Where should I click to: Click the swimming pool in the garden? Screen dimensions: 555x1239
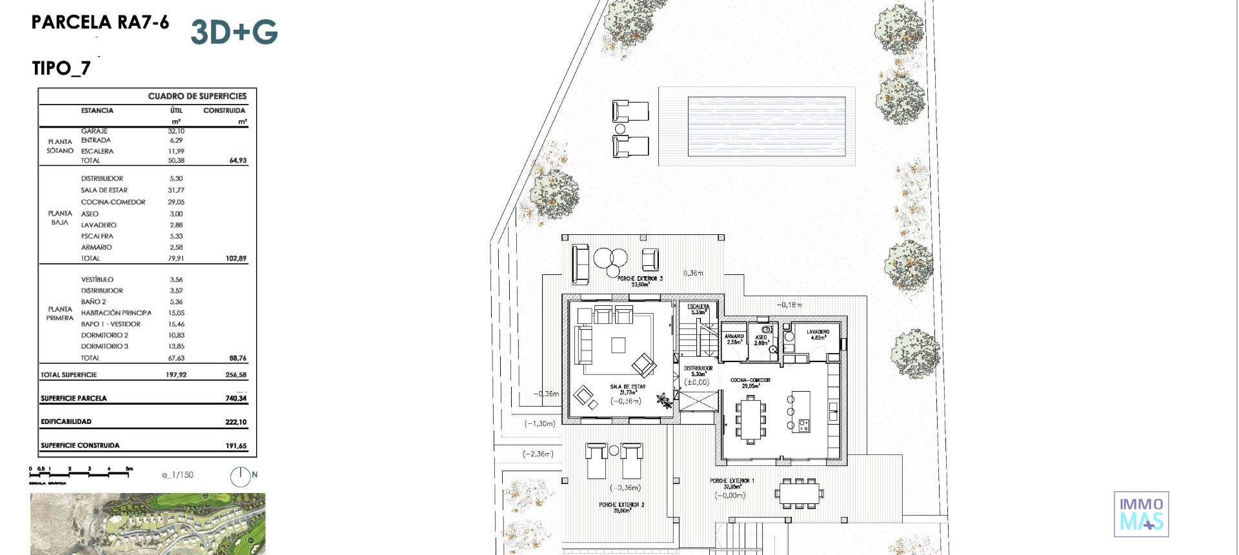click(x=767, y=126)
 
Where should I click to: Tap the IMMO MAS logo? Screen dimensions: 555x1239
click(x=1141, y=514)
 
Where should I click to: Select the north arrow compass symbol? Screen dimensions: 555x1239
click(x=240, y=476)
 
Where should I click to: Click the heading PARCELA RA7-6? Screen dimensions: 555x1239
click(x=100, y=23)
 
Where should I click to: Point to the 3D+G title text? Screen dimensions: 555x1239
click(x=234, y=32)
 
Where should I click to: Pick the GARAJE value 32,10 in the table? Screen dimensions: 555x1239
click(x=176, y=131)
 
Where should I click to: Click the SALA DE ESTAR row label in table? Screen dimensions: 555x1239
click(x=104, y=190)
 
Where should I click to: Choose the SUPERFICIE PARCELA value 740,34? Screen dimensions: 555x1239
click(x=236, y=398)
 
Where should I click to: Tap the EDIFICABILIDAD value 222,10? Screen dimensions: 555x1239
click(x=236, y=422)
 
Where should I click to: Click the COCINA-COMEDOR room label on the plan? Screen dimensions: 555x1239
click(x=750, y=381)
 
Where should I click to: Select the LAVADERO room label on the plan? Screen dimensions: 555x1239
click(x=818, y=332)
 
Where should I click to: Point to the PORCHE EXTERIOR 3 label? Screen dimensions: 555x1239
click(x=640, y=279)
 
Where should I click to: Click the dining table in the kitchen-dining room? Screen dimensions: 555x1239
click(x=750, y=419)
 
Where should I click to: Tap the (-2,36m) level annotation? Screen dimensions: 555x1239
click(x=538, y=454)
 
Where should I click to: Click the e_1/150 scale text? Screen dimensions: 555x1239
click(x=177, y=475)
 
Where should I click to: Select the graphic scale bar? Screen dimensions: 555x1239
click(x=81, y=474)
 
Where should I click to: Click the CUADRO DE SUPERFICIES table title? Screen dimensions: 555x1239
click(x=197, y=96)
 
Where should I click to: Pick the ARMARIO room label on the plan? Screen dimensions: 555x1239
click(x=734, y=337)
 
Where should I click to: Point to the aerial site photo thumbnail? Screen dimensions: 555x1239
click(x=148, y=524)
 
